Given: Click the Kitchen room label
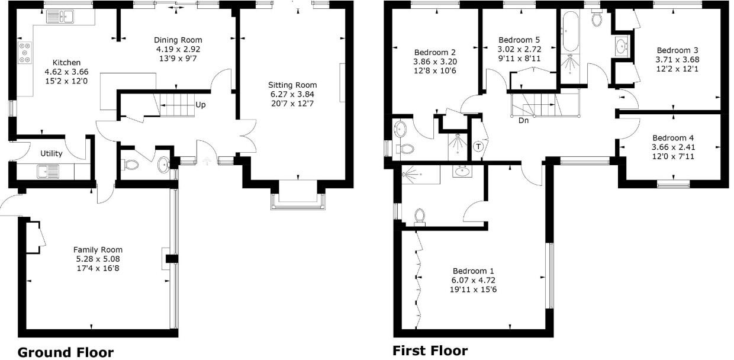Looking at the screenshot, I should coord(66,62).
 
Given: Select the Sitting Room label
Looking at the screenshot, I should coord(292,85).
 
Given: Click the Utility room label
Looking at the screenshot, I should coord(51,153).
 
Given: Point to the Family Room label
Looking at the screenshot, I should coord(98,250).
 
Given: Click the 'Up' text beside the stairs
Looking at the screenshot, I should coord(201,105).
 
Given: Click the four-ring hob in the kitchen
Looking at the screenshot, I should coord(25,53).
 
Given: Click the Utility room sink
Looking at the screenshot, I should coord(46,172).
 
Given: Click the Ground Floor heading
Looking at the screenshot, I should coord(65,352).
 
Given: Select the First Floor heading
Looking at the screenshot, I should coord(430,351).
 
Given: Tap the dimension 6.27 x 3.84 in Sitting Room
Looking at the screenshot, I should coord(292,94).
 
